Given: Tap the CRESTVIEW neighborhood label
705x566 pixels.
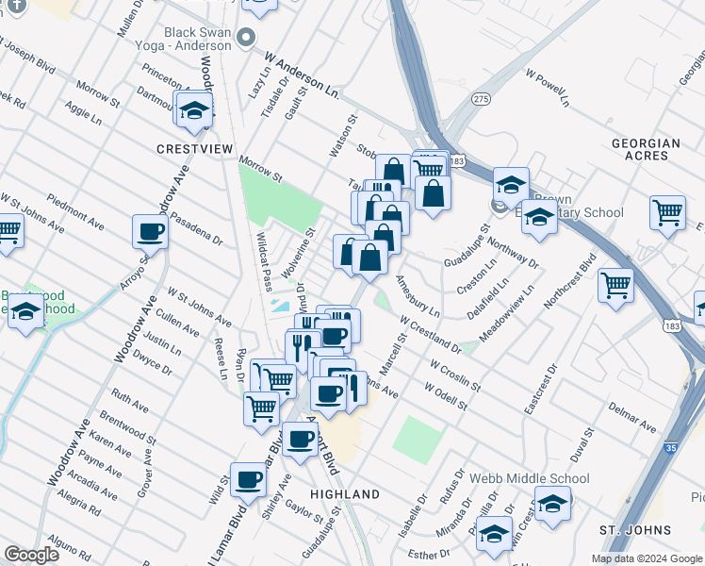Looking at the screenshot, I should [x=189, y=149].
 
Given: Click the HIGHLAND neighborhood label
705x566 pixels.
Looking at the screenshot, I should [x=345, y=494].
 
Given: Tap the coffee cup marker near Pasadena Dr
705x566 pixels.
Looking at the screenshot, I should [x=150, y=230].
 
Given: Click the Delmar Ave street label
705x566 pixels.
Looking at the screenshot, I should [x=632, y=415].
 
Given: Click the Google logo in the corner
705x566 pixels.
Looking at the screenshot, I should [x=31, y=555].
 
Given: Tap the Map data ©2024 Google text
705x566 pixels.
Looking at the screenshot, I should [x=647, y=558].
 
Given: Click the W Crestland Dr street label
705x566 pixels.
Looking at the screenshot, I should [x=430, y=335].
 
